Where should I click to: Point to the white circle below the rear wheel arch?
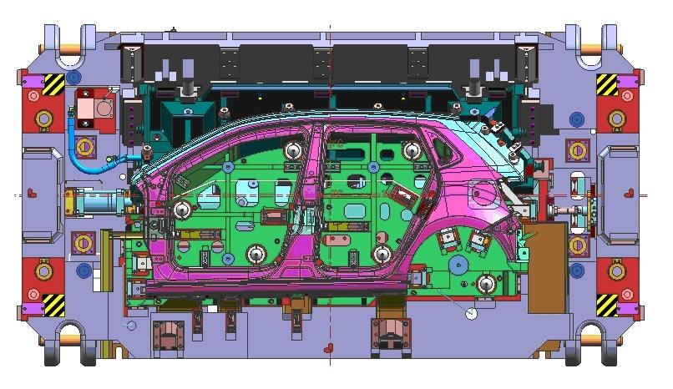470,314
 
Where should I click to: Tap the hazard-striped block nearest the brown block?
607,306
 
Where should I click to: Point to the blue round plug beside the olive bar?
83,270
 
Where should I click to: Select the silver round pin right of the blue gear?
485,284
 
